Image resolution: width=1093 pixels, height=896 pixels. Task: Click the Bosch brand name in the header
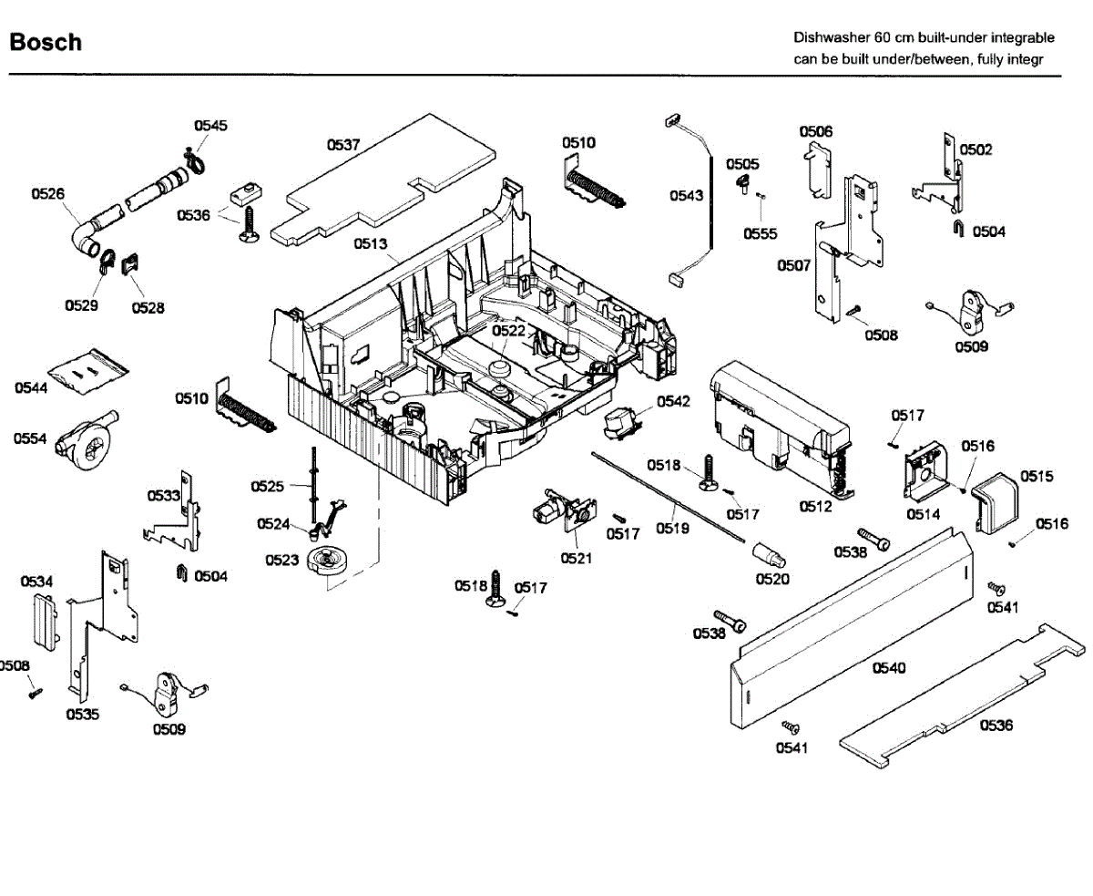tap(46, 42)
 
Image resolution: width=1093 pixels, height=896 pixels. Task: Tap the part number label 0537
tap(343, 145)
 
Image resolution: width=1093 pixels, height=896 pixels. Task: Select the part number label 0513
tap(372, 243)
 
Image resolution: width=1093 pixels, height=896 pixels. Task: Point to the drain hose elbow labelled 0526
tap(87, 240)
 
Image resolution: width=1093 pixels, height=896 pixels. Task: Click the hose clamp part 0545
tap(193, 162)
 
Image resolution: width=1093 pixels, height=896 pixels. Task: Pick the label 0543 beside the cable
tap(686, 195)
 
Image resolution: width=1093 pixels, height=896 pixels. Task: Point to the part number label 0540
tap(889, 668)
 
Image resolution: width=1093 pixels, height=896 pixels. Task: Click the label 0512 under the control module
tap(816, 507)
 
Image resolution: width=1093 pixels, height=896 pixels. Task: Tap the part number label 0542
tap(673, 401)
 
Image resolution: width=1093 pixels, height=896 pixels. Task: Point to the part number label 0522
tap(508, 331)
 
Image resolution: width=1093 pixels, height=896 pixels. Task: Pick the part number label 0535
tap(82, 715)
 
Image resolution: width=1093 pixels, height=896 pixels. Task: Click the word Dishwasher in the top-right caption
tap(832, 38)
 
